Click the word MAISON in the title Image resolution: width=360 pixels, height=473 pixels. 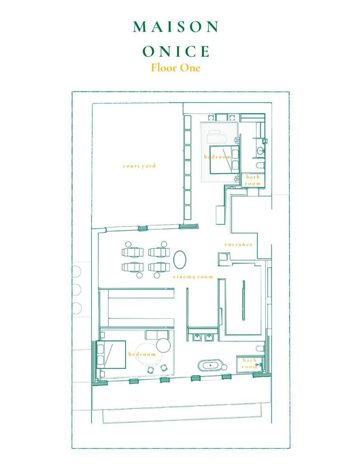(x=176, y=27)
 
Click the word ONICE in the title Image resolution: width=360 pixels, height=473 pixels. (x=176, y=51)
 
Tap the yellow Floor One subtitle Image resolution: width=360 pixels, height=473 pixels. (x=176, y=68)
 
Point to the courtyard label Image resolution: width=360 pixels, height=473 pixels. (x=139, y=166)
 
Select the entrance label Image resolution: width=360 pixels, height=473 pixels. (x=239, y=244)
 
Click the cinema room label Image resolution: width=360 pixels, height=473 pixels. (x=193, y=277)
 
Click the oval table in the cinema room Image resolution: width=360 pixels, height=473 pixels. (x=180, y=259)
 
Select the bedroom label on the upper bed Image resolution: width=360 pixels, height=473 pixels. (x=218, y=156)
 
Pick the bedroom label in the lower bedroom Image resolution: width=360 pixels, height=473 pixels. (x=142, y=354)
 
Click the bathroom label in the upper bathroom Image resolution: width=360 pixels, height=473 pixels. (x=253, y=180)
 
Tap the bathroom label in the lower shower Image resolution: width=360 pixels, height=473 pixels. (x=250, y=363)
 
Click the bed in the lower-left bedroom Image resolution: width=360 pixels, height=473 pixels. (x=111, y=354)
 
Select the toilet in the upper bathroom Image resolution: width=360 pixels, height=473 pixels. (x=260, y=166)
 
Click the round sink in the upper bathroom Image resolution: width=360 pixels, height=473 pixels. (x=261, y=150)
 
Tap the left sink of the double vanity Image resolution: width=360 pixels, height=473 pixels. (x=197, y=338)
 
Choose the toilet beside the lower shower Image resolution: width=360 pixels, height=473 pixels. (x=260, y=349)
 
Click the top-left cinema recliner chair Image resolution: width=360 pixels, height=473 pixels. (x=132, y=252)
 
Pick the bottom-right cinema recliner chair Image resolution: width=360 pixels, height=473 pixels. (x=159, y=267)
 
